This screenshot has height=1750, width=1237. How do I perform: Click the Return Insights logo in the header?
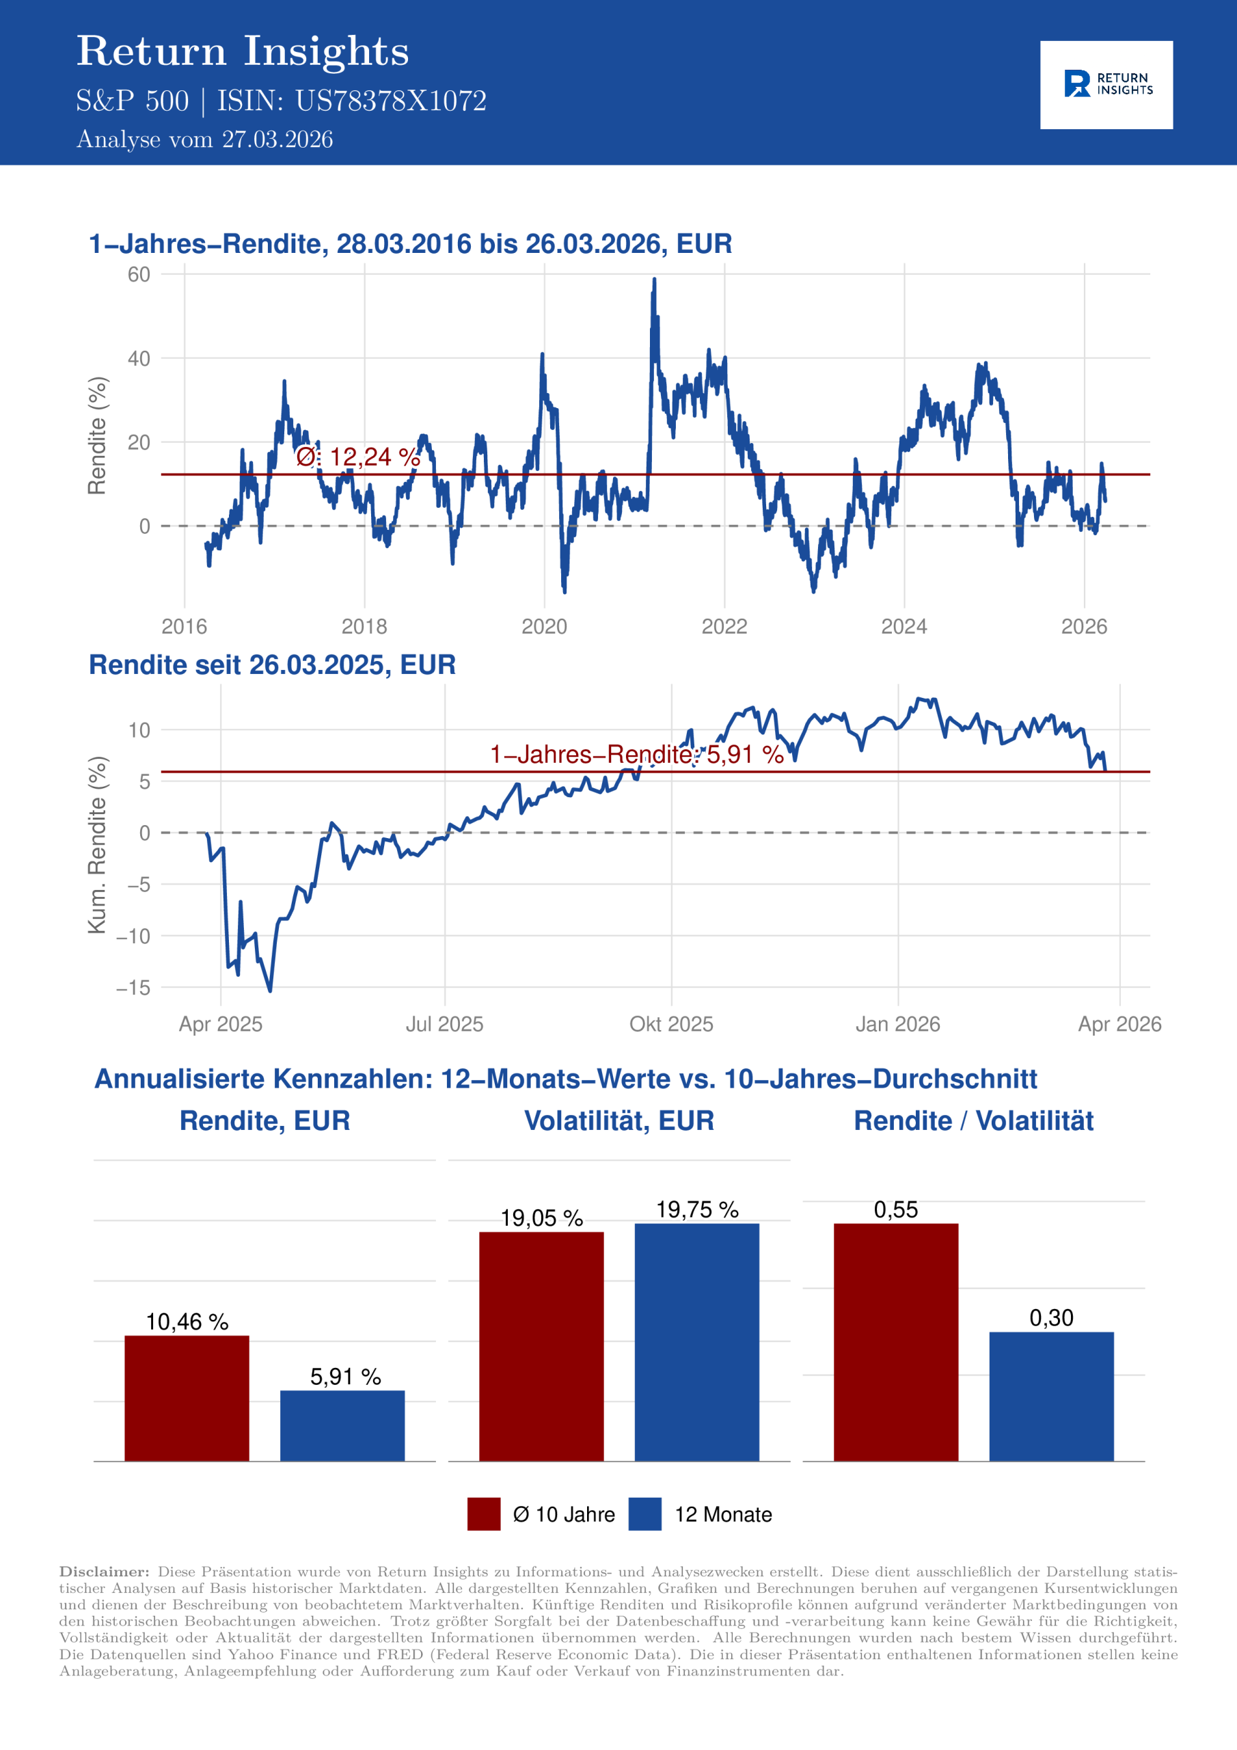[1106, 85]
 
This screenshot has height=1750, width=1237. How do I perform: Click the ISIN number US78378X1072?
[390, 101]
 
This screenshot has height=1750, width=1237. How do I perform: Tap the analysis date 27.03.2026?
[277, 139]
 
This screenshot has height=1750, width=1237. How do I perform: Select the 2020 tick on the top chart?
[544, 627]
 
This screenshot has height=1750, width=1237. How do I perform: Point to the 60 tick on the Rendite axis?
[139, 274]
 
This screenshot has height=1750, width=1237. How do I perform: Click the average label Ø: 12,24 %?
[358, 457]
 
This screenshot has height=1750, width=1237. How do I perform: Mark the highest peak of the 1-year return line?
[654, 280]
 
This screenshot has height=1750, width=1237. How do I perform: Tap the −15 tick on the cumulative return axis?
[133, 988]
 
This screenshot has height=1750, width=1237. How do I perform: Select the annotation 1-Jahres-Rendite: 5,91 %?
[636, 755]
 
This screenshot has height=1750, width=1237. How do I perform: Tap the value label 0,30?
[1051, 1318]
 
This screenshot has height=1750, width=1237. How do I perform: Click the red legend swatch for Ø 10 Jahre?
[484, 1513]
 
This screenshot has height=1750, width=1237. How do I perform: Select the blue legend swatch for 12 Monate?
[644, 1513]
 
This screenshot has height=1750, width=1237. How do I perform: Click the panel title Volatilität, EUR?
[619, 1120]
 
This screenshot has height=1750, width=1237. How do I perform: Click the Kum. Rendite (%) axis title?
[97, 844]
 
